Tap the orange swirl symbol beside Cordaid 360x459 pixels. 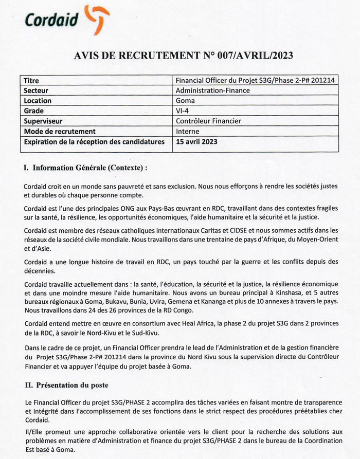click(x=96, y=16)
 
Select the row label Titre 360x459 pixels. click(x=31, y=81)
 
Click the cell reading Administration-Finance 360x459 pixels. click(x=212, y=90)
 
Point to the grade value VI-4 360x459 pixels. click(x=182, y=111)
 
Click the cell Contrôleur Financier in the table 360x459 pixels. click(x=208, y=121)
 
